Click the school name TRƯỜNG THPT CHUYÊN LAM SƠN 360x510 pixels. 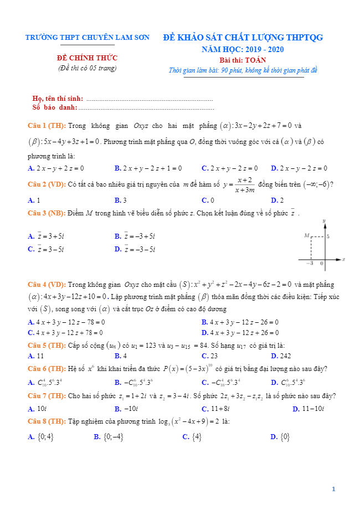88,38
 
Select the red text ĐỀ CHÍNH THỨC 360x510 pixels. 88,58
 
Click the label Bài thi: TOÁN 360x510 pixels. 243,60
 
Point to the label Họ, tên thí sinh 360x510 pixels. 58,99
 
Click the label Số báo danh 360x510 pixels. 55,107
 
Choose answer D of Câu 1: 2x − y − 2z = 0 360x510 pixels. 299,168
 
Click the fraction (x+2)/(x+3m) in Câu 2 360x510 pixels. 244,186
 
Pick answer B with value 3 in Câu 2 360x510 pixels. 121,200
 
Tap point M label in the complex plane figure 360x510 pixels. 306,235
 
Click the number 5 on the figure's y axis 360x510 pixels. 328,236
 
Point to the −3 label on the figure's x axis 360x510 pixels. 311,263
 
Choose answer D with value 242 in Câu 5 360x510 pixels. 281,356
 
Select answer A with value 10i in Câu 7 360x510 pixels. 39,409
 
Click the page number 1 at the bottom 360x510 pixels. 333,489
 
